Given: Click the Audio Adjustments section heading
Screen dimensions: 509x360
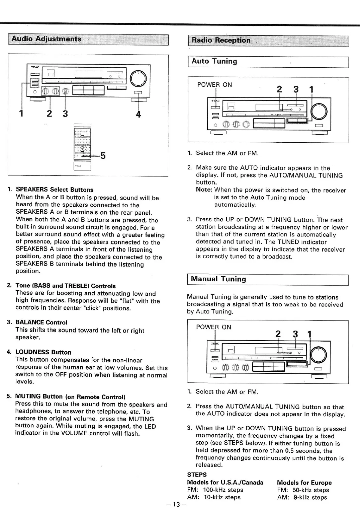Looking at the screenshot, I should (47, 39).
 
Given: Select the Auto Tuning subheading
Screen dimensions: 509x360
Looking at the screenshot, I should (214, 61).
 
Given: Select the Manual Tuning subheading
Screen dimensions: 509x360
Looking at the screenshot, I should (218, 279).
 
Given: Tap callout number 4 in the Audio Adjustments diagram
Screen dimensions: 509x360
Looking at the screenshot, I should (138, 114).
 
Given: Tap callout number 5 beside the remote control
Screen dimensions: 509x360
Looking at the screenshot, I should (103, 156).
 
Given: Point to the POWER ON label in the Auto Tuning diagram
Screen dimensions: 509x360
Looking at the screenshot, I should (214, 85).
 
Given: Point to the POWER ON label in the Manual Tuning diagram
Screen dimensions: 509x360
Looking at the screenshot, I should (213, 327).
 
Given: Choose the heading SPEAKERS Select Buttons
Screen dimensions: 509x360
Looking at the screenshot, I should (55, 190).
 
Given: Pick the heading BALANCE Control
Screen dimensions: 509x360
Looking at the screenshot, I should (41, 322).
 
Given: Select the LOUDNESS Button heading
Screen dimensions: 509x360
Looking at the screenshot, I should (43, 352).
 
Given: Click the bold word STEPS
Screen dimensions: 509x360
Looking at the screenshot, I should (197, 475).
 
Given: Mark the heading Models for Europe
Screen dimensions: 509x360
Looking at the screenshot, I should (304, 483).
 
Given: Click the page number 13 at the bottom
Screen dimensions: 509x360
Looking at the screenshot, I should (177, 505).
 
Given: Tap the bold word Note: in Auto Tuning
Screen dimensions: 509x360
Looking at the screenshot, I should (204, 190).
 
